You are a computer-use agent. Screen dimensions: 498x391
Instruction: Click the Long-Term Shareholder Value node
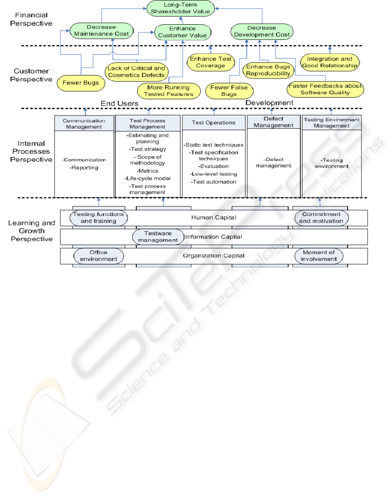point(178,9)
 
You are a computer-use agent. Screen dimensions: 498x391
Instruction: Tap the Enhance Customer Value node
point(183,32)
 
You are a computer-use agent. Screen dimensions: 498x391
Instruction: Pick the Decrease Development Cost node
point(261,31)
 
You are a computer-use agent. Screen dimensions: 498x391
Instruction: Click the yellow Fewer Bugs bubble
point(81,83)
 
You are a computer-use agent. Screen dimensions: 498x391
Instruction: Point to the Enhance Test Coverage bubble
point(210,62)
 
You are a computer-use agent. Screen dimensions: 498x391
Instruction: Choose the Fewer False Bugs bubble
point(229,90)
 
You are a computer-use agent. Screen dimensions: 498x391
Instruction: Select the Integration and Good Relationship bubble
point(329,62)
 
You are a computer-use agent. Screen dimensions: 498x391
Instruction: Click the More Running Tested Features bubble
point(168,91)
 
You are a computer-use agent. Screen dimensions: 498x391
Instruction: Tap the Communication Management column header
point(85,124)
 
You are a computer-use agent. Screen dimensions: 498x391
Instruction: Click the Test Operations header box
point(214,123)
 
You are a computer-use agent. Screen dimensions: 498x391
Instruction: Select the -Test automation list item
point(214,182)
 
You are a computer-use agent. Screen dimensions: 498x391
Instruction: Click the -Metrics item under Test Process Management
point(148,170)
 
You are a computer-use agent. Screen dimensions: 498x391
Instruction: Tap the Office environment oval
point(99,256)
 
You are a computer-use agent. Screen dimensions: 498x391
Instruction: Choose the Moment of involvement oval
point(319,256)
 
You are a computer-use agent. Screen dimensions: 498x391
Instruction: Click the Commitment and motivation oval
point(321,217)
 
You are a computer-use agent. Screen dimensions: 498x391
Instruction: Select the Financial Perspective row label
point(31,19)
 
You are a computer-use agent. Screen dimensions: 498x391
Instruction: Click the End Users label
point(120,103)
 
